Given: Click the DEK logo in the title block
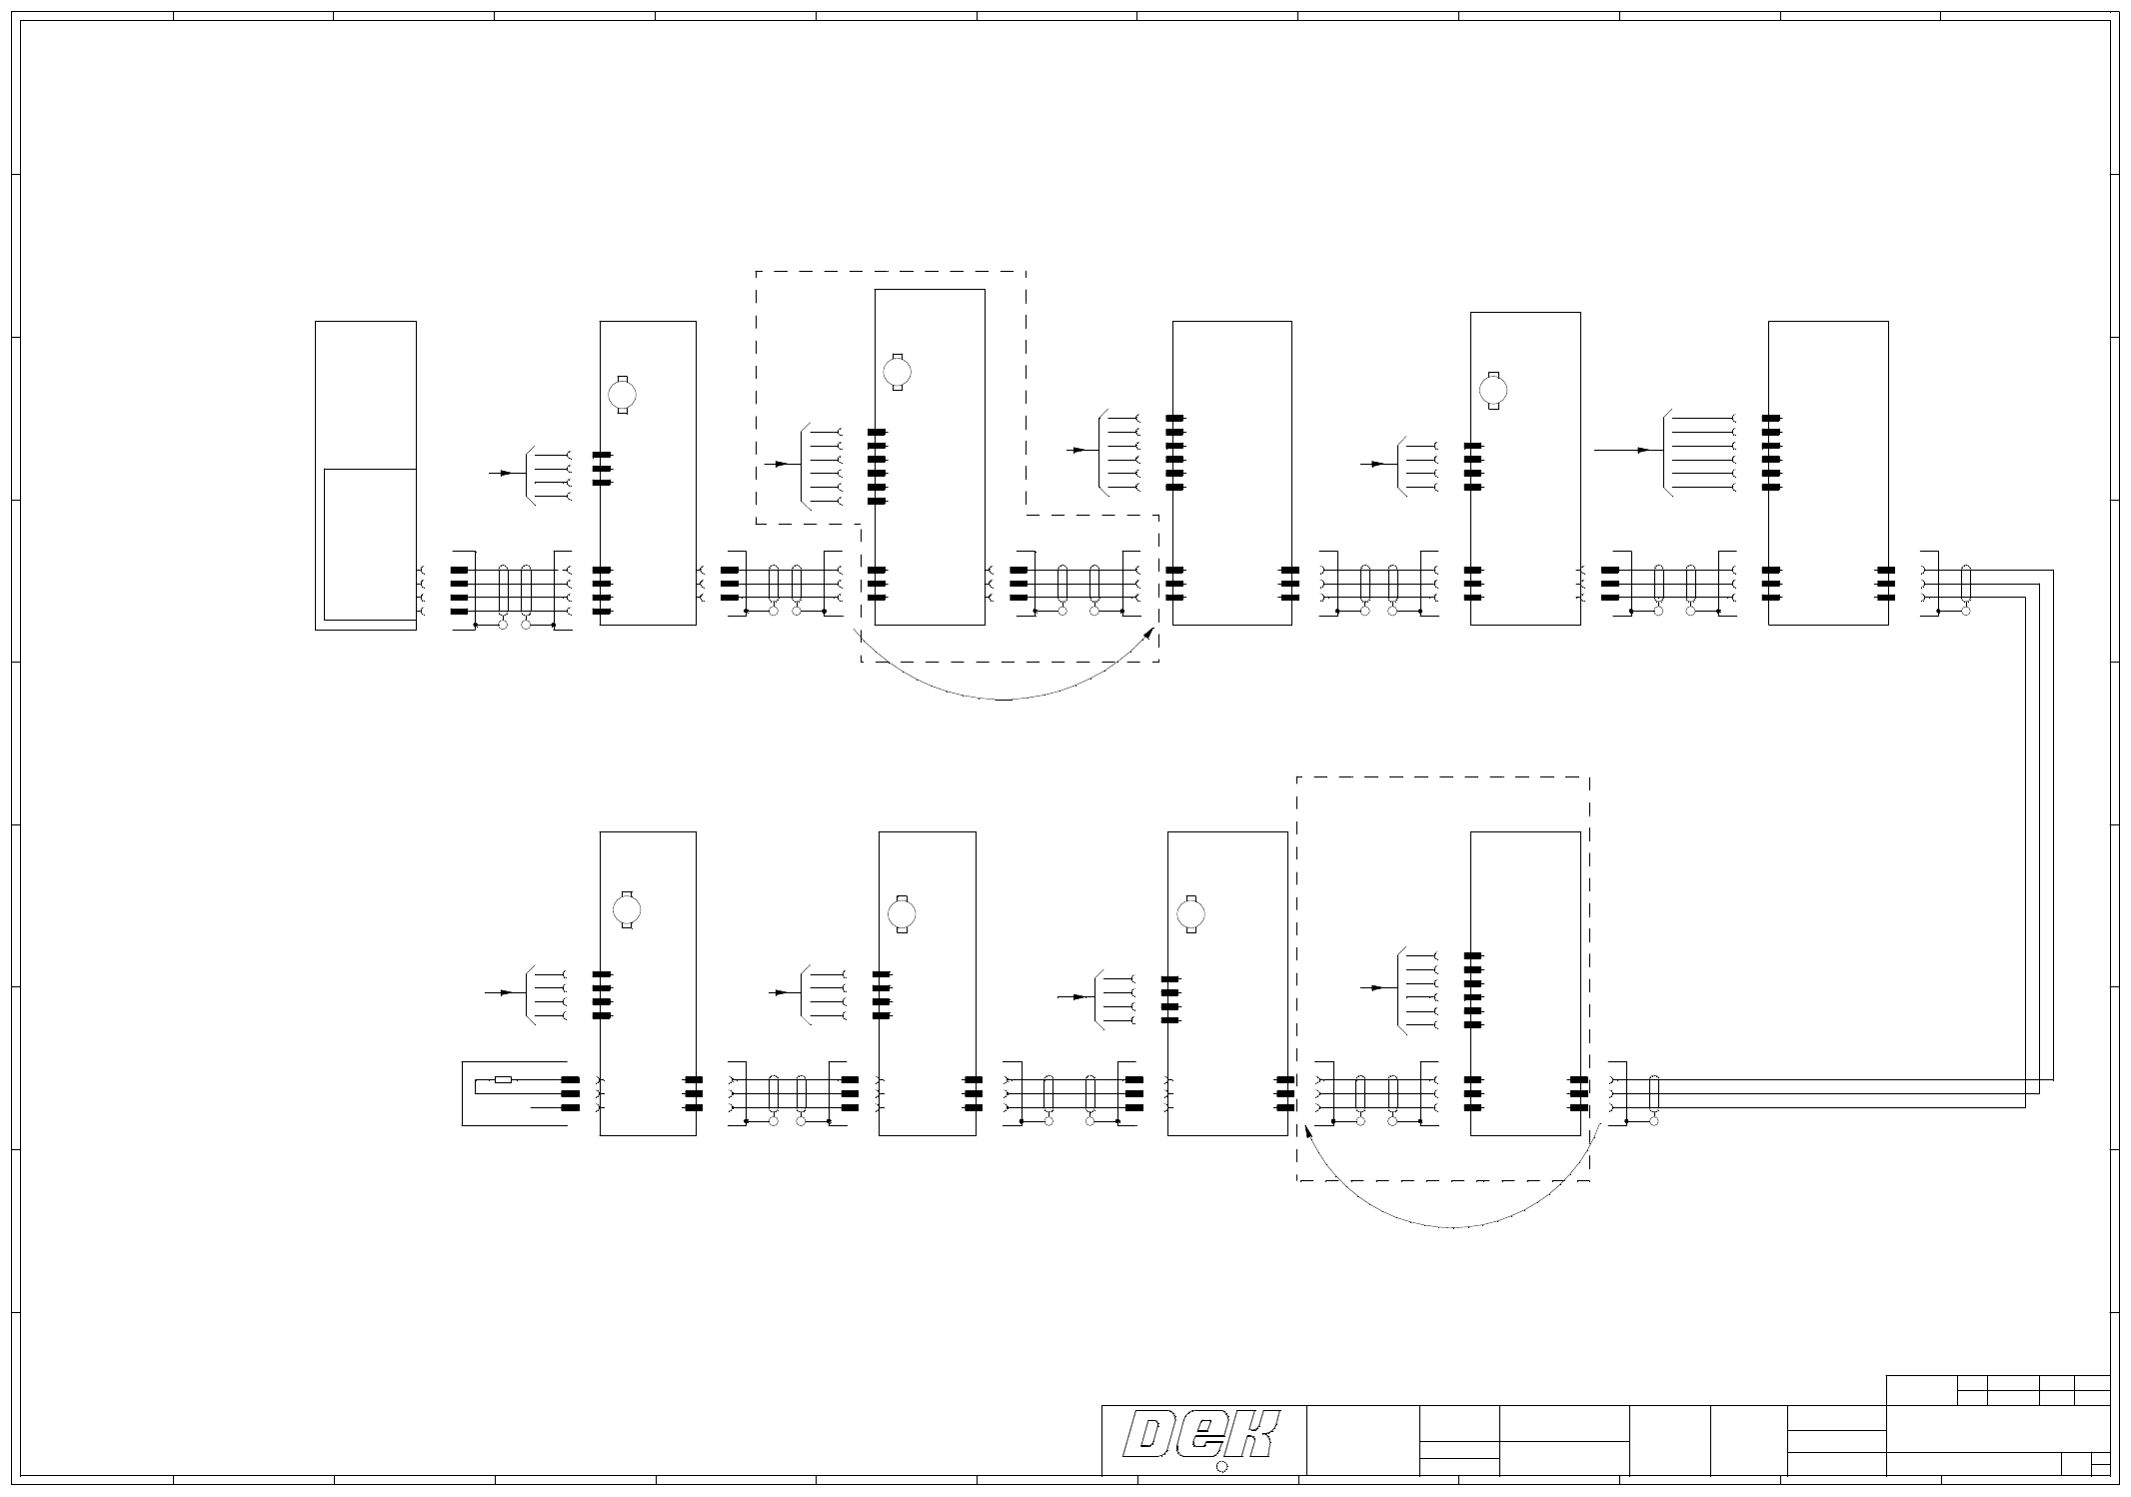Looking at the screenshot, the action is (1202, 1437).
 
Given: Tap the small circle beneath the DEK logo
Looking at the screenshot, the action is (1221, 1467).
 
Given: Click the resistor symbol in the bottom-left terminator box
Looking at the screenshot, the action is (504, 1080).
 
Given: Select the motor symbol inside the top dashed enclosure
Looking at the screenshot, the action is (898, 372).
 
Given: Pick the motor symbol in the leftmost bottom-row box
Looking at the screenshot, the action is (627, 909).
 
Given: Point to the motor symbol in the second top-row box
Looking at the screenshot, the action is (623, 395).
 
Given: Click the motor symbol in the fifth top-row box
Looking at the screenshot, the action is (1493, 390).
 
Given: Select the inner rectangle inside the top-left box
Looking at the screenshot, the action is (370, 544).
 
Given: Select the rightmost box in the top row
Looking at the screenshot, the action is (1827, 473).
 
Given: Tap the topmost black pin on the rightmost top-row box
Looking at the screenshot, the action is (1772, 419).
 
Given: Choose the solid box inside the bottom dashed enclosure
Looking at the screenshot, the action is (1524, 983).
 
